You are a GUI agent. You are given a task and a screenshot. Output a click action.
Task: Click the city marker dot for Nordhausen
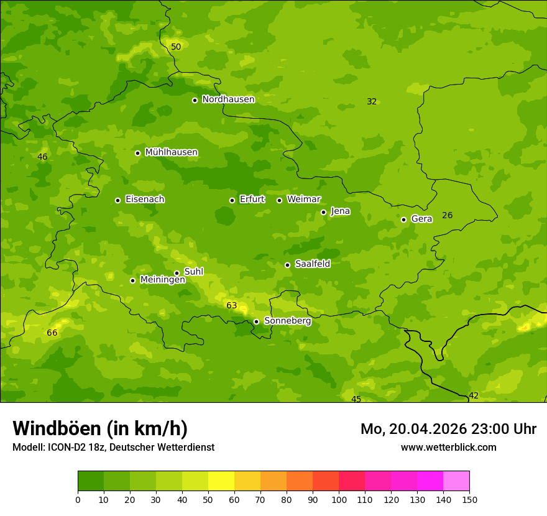195,100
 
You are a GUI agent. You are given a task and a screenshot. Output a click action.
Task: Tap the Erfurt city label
252,200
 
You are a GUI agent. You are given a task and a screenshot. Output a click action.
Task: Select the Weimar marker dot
279,200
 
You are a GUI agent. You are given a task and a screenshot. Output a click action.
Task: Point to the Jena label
340,211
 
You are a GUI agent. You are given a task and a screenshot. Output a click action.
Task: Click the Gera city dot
403,219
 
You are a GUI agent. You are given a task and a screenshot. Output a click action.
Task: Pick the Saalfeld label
312,264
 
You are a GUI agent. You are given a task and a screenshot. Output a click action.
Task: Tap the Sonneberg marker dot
256,321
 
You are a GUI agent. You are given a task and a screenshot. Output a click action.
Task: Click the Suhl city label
193,272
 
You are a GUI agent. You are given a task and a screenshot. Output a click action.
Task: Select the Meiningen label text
162,280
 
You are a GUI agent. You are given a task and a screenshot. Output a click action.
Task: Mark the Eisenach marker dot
117,200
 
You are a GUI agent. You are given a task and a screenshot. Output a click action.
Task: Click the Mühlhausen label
171,152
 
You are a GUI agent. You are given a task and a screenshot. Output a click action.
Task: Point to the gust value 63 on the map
232,305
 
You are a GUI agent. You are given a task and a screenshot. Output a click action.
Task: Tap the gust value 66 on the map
52,333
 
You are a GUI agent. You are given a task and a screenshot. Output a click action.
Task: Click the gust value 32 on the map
372,101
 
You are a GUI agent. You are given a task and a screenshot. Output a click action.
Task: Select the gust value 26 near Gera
447,215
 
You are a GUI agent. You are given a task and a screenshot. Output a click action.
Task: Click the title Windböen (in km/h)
100,428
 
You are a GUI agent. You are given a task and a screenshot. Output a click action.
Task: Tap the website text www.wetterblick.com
448,447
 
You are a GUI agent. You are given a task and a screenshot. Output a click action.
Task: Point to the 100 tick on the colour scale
339,499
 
